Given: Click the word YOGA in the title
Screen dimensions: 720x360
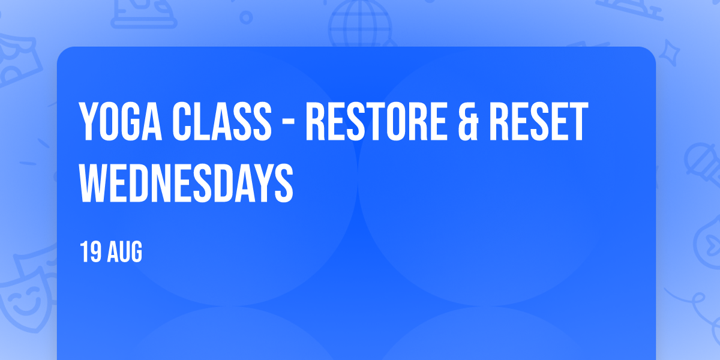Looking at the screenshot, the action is pos(121,121).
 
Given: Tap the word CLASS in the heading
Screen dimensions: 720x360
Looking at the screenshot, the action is pos(222,121).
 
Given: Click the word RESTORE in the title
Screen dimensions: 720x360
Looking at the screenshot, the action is pos(376,121).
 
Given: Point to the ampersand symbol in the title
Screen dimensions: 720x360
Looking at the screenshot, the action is pos(468,121).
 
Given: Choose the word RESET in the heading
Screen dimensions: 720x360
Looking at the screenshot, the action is pos(539,121).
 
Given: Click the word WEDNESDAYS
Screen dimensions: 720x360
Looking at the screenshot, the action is pos(186,183).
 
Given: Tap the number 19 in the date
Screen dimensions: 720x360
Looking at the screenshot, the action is pos(91,251).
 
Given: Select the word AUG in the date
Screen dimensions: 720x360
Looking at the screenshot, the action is pos(124,251).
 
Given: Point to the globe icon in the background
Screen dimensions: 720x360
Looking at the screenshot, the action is pos(360,24).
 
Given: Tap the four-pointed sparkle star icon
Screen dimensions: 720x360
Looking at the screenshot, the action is pos(669,53).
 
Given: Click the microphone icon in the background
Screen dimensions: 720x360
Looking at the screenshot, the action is pos(703,164).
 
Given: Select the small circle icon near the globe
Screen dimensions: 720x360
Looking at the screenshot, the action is pos(246,17).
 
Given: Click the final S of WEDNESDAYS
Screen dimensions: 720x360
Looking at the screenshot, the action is pos(284,183).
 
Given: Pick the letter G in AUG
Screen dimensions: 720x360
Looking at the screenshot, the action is pos(136,251).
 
